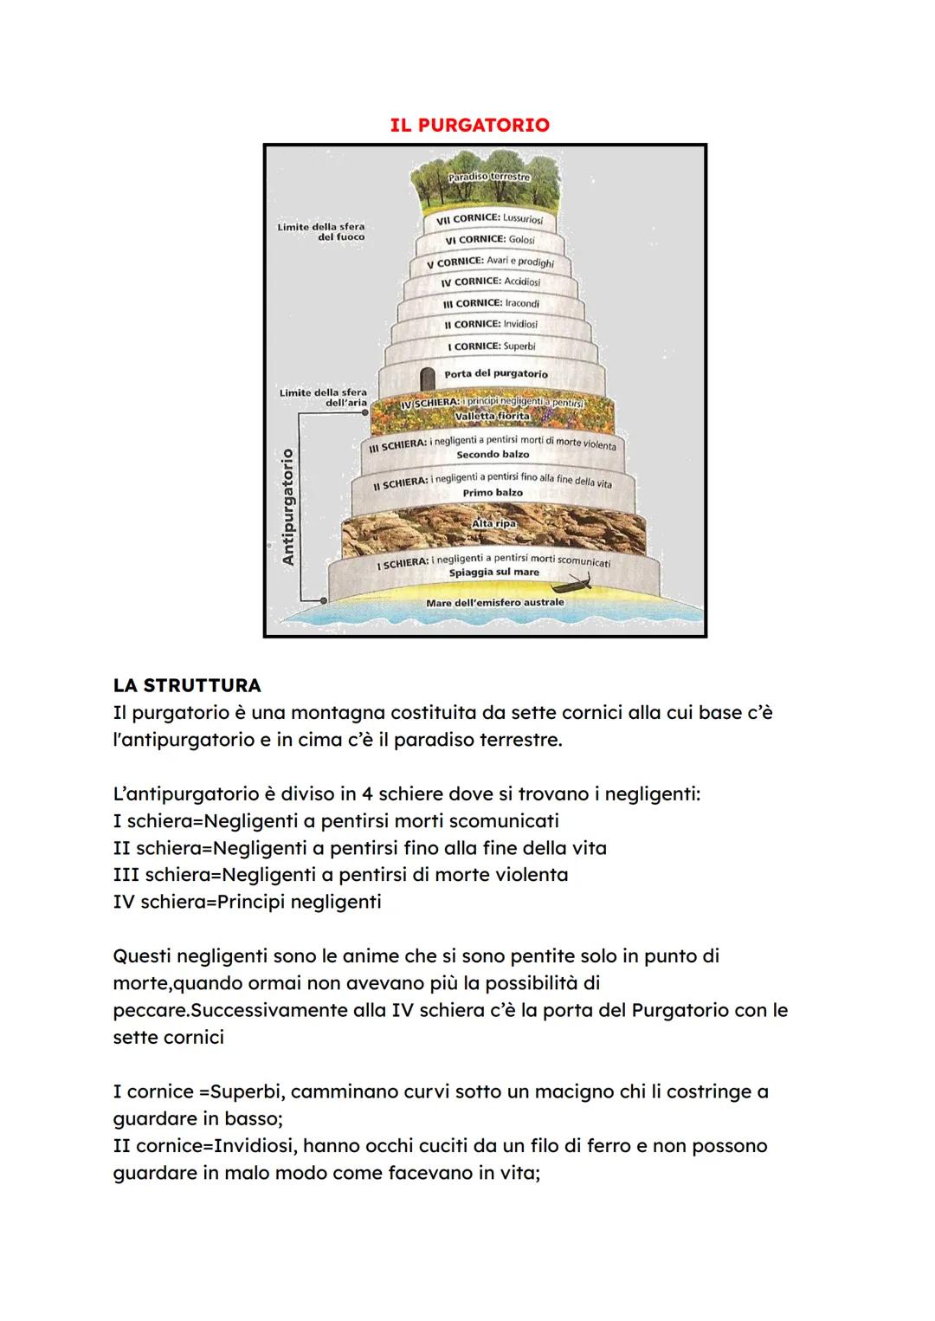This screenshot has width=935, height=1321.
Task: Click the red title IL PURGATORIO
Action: (469, 125)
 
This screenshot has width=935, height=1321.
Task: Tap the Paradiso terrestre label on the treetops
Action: (489, 177)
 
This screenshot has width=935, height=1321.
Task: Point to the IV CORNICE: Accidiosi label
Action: (490, 282)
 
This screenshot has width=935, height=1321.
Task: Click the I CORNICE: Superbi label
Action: (491, 346)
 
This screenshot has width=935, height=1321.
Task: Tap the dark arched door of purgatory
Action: (426, 379)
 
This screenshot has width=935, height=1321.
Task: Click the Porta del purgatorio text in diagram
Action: (495, 374)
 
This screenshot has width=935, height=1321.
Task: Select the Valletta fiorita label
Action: (491, 417)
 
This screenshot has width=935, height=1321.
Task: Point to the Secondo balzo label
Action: (492, 455)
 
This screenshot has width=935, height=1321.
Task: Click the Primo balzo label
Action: (492, 493)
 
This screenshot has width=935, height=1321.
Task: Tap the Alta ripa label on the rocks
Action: (493, 524)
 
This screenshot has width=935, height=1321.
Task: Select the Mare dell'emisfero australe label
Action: (494, 602)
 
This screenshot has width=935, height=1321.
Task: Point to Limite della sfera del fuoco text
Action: (322, 231)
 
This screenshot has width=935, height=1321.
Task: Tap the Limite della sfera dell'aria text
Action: (324, 398)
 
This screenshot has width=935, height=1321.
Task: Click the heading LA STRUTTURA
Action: (186, 685)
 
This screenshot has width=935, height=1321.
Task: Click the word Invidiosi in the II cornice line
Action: (255, 1146)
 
